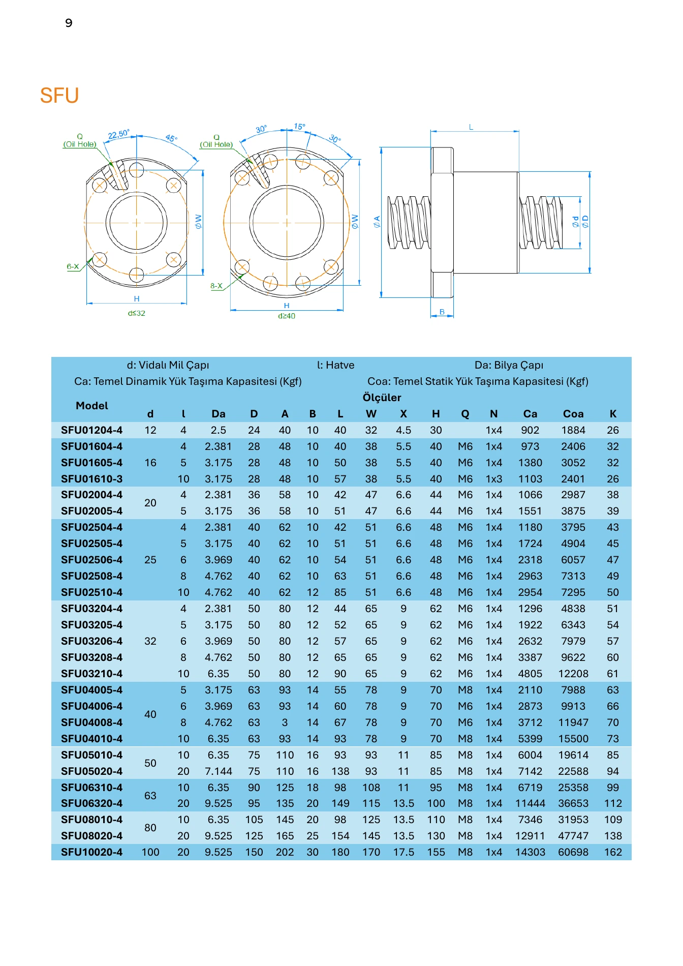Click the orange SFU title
59,96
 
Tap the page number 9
69,23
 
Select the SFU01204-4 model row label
91,430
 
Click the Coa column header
573,414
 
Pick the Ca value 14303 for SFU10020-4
530,852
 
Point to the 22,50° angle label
119,134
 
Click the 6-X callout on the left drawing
73,266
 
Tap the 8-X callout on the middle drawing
216,286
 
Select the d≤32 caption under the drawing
137,313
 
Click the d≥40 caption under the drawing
287,316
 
